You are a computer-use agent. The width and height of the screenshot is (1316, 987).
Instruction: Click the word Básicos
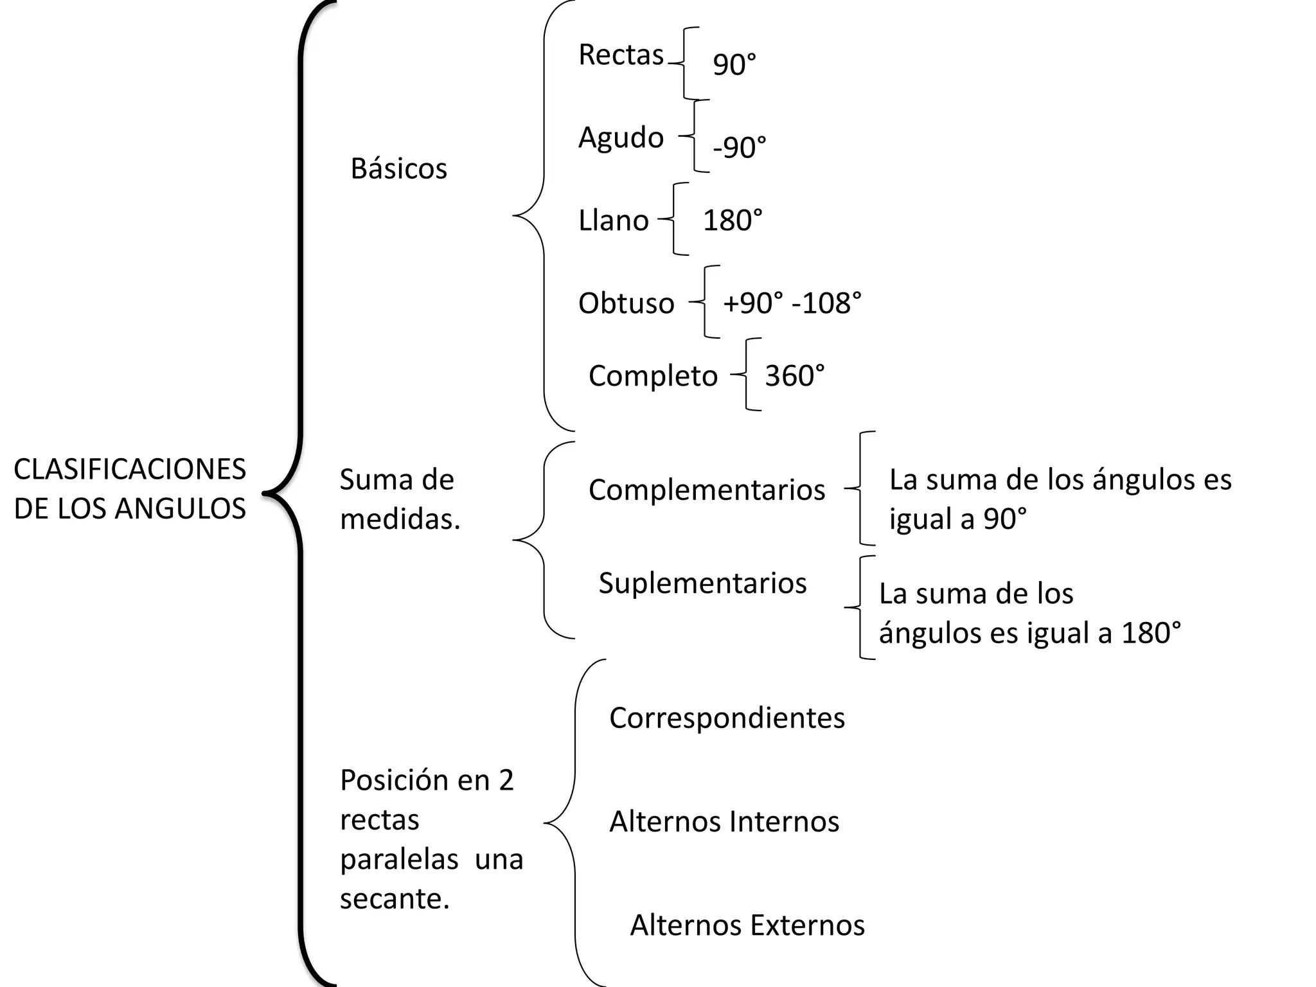point(398,169)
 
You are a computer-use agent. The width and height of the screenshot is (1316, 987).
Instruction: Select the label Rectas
point(621,55)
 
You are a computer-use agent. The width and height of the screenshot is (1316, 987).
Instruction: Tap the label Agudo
point(621,138)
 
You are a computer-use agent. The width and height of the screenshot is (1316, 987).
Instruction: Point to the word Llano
point(614,221)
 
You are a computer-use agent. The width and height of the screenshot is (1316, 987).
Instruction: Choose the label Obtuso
point(626,303)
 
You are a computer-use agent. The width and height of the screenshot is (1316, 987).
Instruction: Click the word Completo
point(653,377)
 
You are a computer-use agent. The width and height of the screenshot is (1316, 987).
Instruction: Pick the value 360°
point(794,376)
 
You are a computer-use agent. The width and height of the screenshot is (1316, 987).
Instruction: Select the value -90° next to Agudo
point(739,148)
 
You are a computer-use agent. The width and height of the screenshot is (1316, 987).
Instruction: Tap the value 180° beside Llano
point(733,221)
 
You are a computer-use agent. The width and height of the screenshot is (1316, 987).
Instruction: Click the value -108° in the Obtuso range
point(826,303)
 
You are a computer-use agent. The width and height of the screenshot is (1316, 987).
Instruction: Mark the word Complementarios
point(707,490)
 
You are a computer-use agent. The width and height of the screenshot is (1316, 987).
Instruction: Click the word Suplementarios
point(702,583)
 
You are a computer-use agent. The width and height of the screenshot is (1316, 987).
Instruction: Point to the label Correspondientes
point(727,718)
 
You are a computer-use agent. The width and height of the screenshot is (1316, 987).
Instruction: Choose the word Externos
point(808,926)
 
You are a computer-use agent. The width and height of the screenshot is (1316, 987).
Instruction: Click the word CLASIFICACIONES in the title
point(130,470)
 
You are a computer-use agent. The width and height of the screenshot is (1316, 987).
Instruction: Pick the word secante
point(394,899)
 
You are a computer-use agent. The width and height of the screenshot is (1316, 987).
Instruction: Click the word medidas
point(400,519)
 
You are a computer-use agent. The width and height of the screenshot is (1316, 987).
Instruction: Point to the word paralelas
point(399,860)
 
